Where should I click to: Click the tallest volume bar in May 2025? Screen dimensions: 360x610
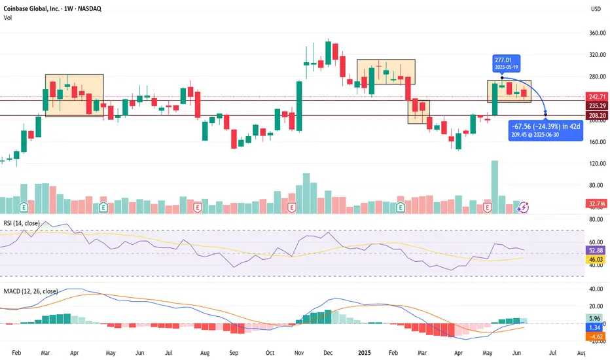click(495, 187)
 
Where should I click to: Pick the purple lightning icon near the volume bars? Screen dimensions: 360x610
click(524, 207)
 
